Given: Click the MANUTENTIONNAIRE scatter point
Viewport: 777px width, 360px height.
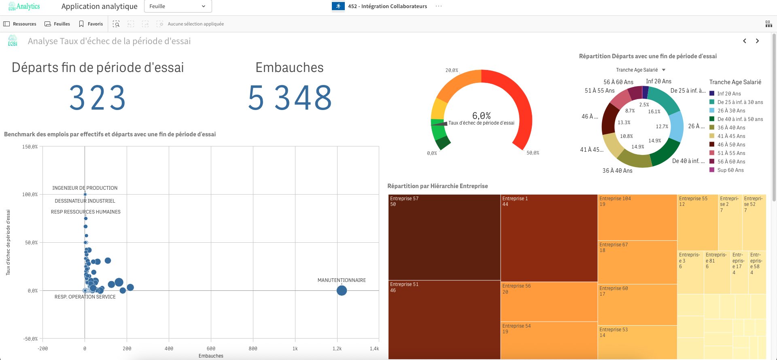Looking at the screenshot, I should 342,290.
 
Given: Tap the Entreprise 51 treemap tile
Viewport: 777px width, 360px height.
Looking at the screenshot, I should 444,320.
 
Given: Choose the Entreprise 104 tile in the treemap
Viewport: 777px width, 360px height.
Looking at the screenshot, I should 637,218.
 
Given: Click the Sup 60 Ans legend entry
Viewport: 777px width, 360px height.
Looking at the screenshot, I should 730,170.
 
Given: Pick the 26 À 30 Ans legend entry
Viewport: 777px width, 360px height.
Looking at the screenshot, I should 731,111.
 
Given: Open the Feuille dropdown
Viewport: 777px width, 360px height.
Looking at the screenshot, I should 178,6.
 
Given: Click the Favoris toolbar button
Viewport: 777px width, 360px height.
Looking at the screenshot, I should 91,24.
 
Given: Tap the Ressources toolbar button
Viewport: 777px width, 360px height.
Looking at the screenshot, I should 20,24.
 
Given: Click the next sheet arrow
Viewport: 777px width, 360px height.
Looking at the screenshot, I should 757,41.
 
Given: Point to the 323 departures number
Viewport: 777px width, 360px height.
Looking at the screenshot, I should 98,98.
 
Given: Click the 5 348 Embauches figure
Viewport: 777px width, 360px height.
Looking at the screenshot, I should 290,98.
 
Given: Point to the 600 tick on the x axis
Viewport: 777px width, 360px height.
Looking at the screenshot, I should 211,348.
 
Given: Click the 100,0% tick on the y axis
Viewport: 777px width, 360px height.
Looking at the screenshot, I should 30,195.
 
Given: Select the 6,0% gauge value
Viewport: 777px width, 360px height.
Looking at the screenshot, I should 481,116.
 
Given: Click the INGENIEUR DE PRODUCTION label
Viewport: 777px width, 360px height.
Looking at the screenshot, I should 85,188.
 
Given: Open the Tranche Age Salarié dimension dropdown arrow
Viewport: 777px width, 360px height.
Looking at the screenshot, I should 664,70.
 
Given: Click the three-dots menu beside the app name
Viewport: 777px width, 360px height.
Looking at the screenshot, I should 439,6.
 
